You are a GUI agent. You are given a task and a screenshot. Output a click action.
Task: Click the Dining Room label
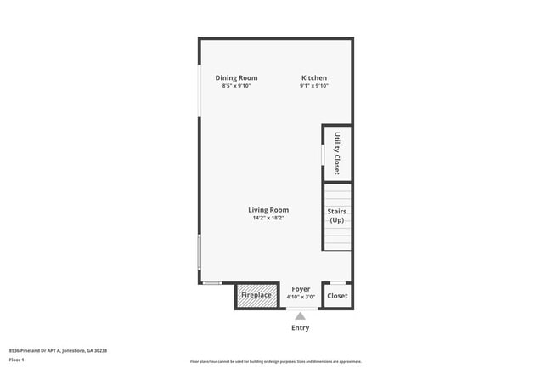236,78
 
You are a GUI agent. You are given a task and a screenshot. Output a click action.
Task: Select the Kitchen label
313,78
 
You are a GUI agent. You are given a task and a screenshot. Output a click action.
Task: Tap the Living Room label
268,210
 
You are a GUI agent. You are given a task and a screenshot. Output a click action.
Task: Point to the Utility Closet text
337,154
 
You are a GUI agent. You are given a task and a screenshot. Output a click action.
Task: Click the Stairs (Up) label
337,215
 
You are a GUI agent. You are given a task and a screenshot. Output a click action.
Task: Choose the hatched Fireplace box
256,295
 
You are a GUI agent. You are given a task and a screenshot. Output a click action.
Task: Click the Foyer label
301,289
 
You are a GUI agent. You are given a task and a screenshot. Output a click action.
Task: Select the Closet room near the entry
337,296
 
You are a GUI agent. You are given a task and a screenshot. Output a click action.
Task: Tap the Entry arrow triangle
300,316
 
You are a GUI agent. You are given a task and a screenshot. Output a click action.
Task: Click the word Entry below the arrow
301,328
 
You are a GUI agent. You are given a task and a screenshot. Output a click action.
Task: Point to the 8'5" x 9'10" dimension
236,86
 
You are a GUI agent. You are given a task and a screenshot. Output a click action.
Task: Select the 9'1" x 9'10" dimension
313,86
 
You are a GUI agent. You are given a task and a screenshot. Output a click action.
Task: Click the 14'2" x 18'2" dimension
268,219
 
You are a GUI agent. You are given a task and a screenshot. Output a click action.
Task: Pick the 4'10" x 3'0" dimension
301,298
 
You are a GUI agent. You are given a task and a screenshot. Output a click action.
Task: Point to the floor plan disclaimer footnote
275,362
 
